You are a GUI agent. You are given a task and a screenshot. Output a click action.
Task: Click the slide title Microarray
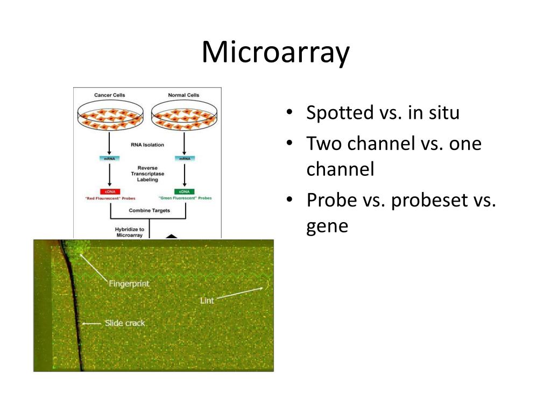tap(275, 53)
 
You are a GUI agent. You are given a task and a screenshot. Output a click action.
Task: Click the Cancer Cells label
tap(110, 95)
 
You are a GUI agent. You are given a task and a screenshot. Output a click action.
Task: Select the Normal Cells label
tap(184, 95)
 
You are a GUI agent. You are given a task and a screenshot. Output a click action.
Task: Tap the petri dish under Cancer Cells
tap(110, 117)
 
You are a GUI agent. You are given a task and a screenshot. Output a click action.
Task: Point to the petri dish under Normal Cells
tap(184, 117)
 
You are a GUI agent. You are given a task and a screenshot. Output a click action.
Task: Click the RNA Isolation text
tap(147, 145)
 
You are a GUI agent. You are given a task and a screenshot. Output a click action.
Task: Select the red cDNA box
tap(109, 191)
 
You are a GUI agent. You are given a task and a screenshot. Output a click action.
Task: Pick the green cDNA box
tap(184, 191)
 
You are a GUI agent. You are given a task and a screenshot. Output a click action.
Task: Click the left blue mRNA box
tap(109, 158)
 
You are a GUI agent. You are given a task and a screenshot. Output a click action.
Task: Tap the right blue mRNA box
tap(184, 158)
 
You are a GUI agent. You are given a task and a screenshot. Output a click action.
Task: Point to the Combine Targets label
tap(149, 210)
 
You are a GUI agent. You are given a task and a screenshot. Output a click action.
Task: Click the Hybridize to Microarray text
tap(130, 232)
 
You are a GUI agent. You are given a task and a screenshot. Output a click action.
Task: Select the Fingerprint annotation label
tap(129, 283)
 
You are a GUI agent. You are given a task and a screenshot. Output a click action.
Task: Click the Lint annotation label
tap(207, 301)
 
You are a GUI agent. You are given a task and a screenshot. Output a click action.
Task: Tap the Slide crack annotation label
tap(124, 323)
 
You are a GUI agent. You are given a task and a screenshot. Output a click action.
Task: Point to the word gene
tap(327, 226)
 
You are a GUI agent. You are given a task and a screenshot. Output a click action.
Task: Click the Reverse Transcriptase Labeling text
tap(147, 174)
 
